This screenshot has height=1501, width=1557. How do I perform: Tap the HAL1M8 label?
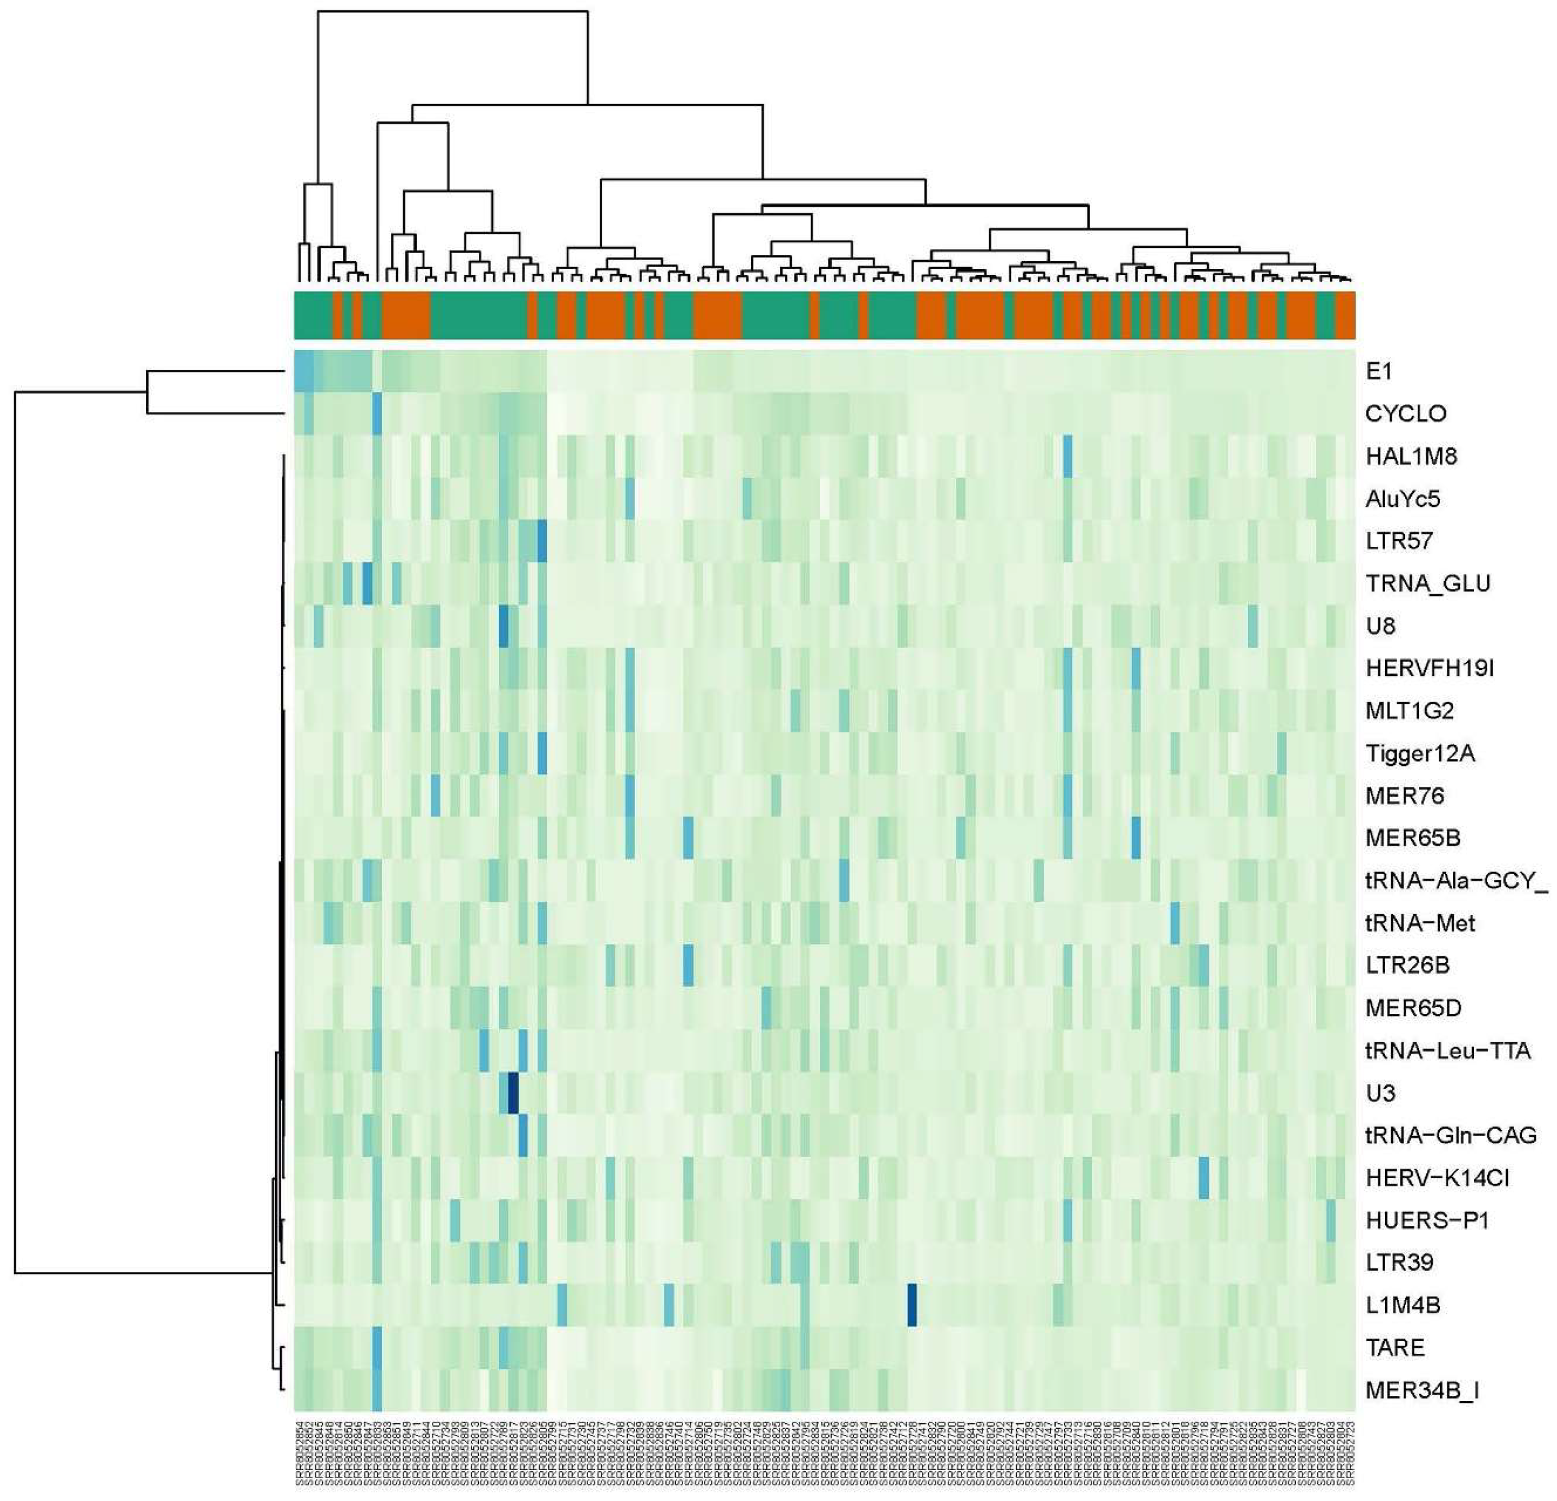[1411, 456]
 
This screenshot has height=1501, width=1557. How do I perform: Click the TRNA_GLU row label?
[1428, 583]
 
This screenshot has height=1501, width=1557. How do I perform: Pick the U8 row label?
[1381, 626]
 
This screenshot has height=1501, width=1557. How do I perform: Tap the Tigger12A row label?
[1419, 753]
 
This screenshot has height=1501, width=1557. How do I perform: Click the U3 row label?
[1381, 1093]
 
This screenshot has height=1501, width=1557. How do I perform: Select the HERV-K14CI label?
[1436, 1178]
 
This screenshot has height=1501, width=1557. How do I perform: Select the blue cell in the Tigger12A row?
[543, 753]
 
